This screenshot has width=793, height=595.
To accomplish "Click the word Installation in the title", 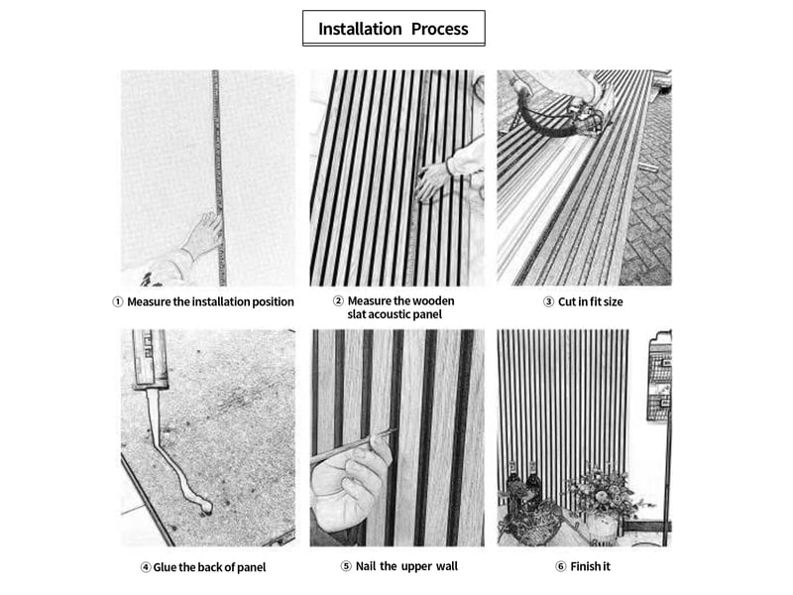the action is [x=360, y=29].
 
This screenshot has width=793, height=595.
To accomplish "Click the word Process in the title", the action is [x=439, y=29].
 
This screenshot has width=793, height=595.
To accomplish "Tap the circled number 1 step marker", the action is [x=117, y=302].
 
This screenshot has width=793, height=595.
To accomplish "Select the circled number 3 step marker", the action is [x=548, y=302].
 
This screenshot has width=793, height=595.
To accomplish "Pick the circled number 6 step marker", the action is [x=560, y=566].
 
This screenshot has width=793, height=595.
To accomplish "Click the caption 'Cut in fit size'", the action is [x=590, y=302].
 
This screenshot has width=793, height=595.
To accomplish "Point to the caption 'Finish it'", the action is [x=590, y=566].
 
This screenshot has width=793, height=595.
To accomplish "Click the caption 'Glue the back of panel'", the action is [x=209, y=567].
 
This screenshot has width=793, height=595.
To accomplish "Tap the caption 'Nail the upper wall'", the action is [x=406, y=566].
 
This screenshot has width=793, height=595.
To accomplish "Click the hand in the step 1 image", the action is [x=203, y=235].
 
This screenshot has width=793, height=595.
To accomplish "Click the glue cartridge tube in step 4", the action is [x=150, y=359].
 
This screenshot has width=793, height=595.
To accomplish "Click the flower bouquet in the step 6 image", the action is [x=601, y=490].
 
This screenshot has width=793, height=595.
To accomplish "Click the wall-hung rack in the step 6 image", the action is [x=659, y=376].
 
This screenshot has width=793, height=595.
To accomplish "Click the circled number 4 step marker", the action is [x=146, y=567].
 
